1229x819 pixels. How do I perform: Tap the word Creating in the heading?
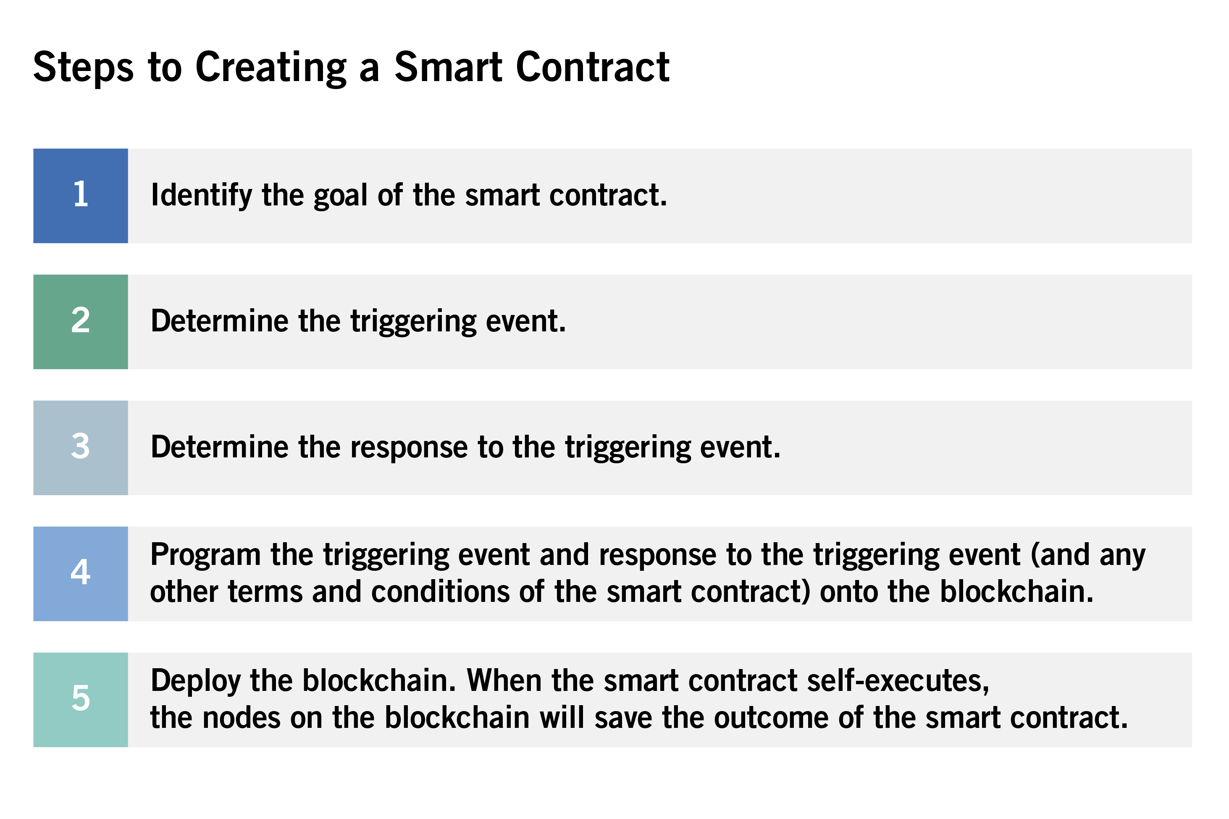270,68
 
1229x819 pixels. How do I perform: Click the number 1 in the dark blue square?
81,194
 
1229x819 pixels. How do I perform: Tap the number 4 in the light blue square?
81,572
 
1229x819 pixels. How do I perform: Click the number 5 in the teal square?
81,698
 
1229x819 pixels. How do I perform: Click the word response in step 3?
408,448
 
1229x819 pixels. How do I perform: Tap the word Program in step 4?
205,555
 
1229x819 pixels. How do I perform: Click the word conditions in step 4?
440,592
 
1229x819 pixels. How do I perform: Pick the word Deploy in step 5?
195,682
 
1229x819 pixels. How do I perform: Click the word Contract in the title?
592,68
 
